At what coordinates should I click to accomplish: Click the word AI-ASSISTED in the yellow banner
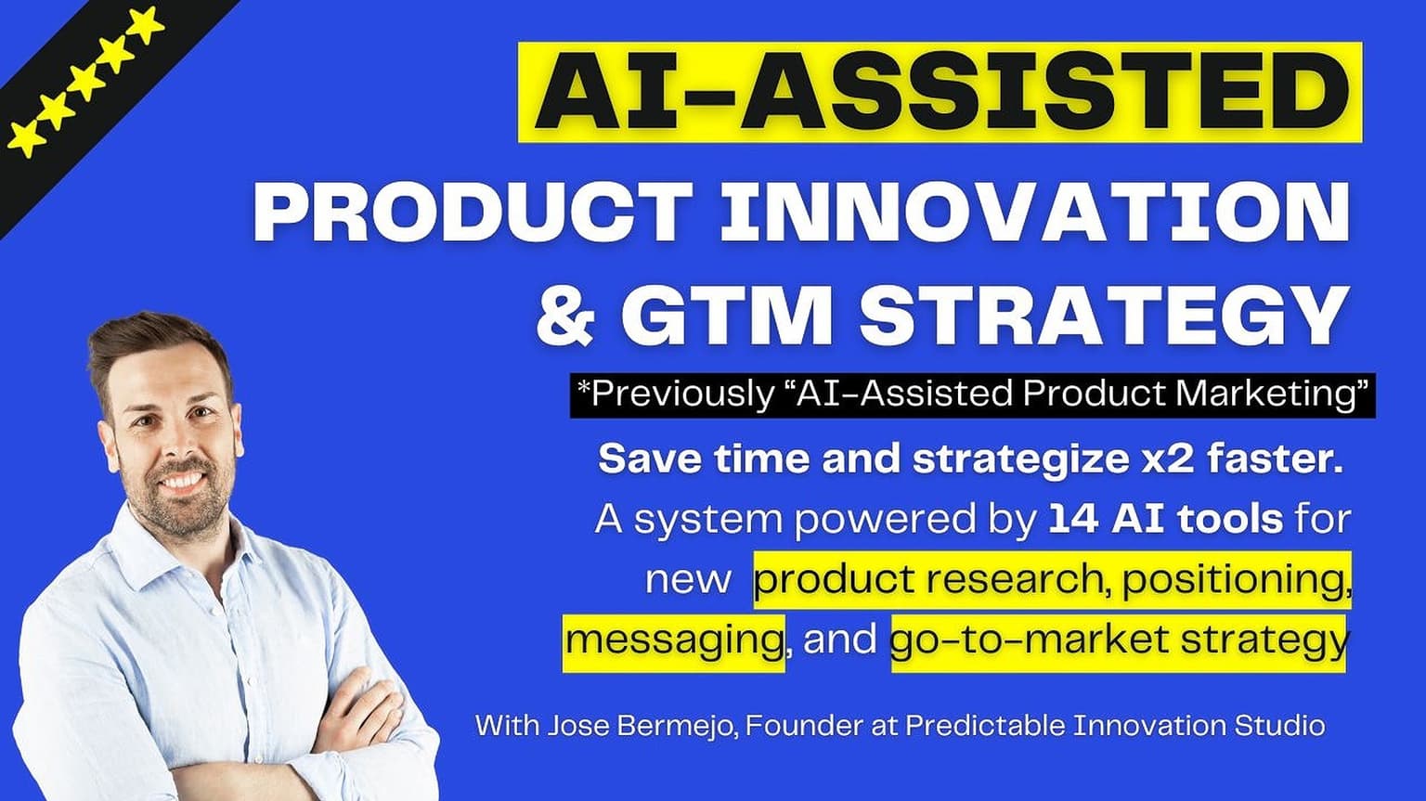point(940,91)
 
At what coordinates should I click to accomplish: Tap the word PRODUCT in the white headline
point(473,211)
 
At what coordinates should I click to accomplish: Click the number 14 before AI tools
point(1073,519)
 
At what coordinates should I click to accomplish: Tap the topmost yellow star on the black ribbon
point(148,25)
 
